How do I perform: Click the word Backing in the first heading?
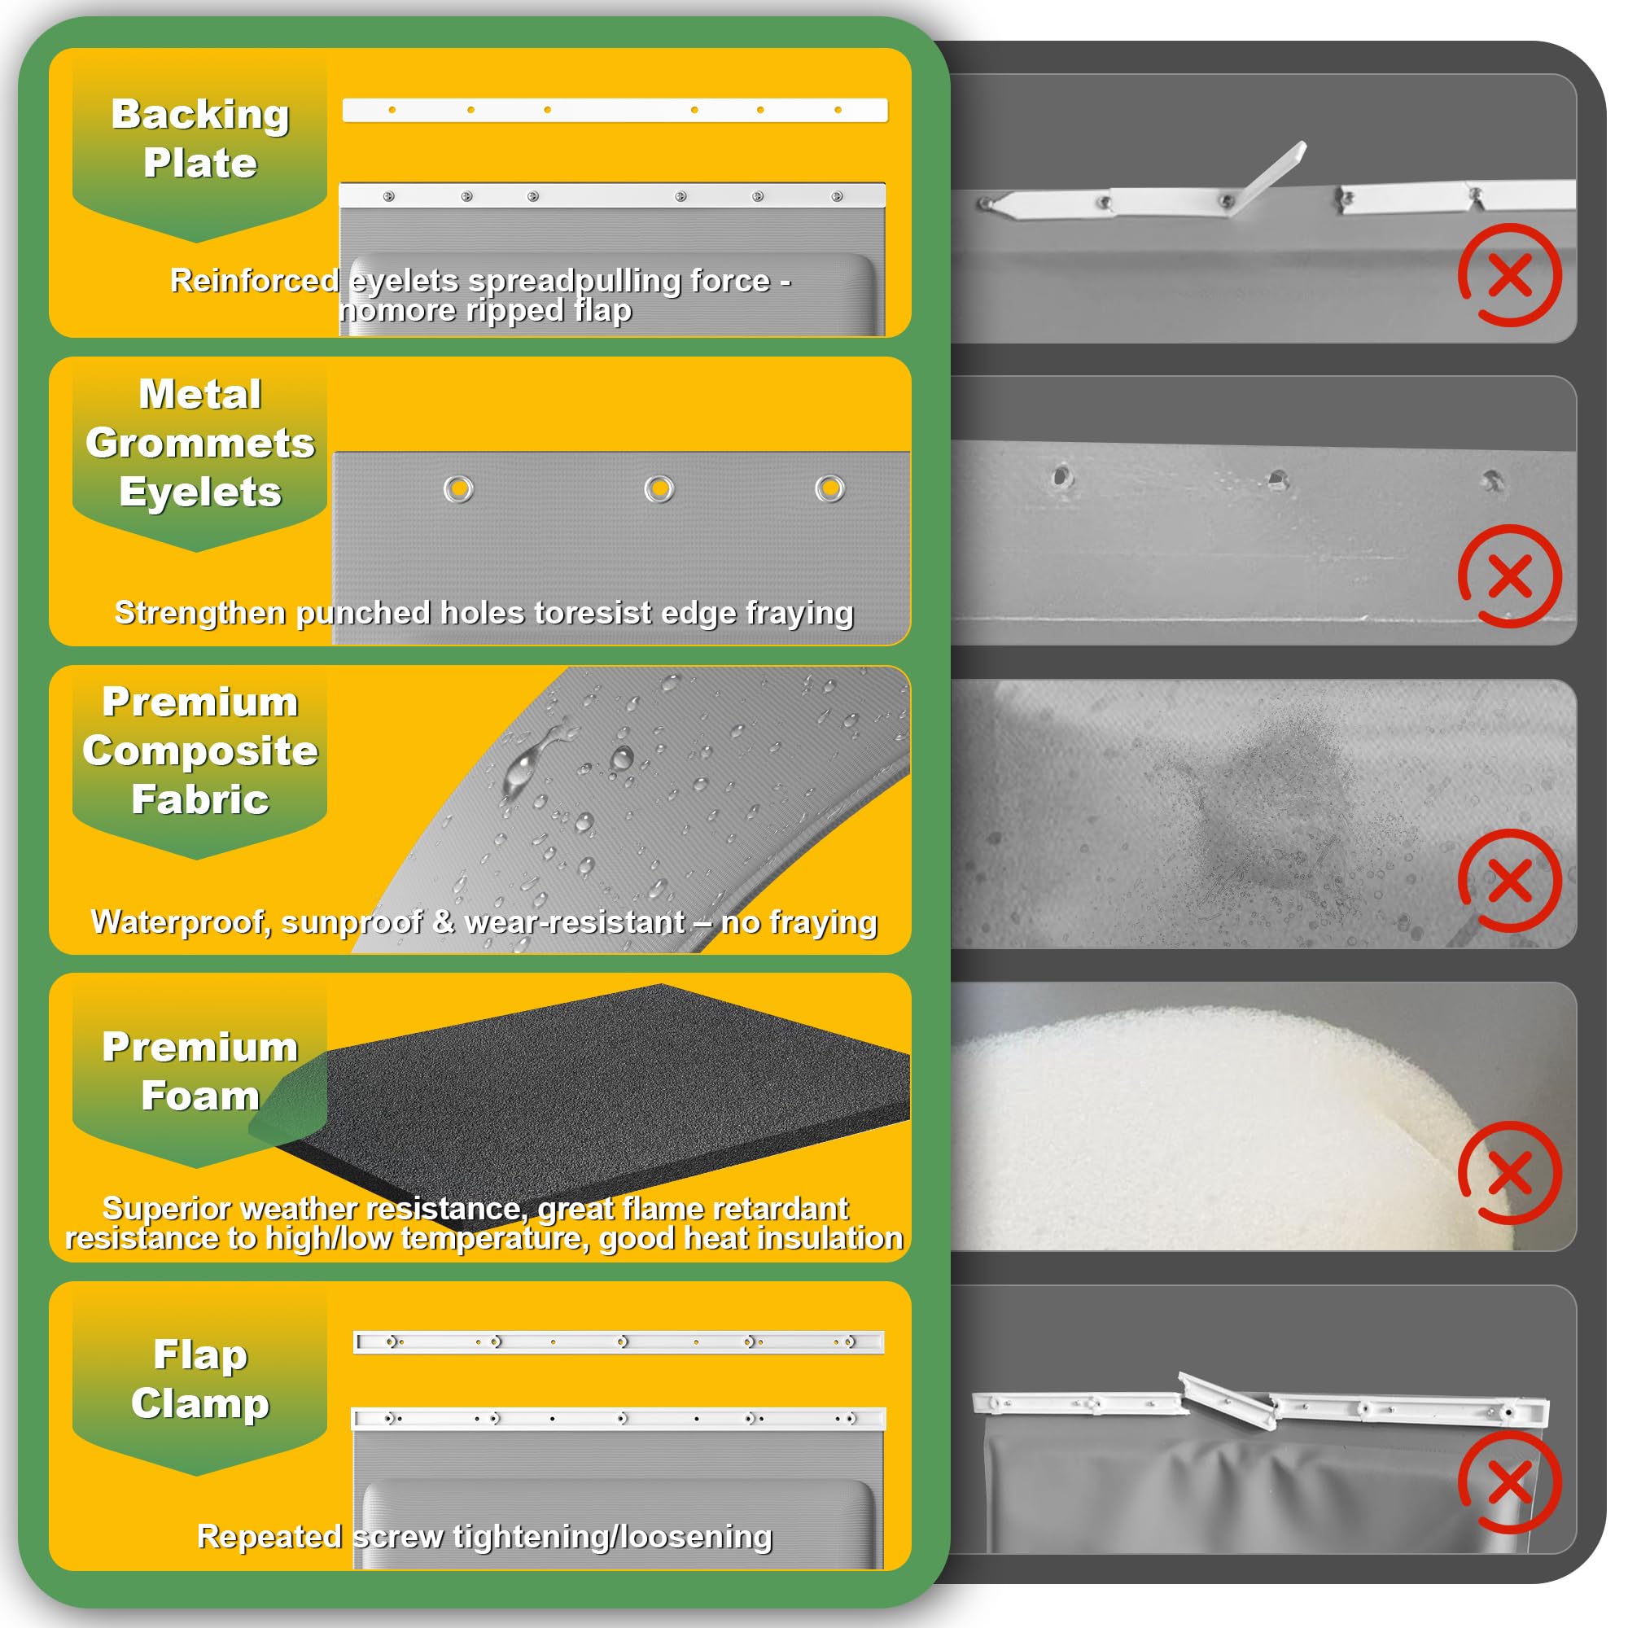point(200,115)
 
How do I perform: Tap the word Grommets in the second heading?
point(200,444)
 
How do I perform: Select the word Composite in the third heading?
point(200,751)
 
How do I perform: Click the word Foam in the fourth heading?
point(200,1096)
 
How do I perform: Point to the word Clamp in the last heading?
point(200,1403)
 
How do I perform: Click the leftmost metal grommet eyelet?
point(458,488)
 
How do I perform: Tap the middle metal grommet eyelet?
point(659,488)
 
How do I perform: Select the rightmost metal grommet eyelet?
point(830,488)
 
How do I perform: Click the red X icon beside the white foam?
point(1510,1173)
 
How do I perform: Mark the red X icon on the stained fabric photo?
point(1510,881)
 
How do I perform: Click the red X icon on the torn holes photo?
point(1510,576)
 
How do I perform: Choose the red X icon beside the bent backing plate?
point(1510,274)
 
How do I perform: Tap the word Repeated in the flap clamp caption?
point(269,1536)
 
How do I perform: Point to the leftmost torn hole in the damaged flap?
point(1061,477)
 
